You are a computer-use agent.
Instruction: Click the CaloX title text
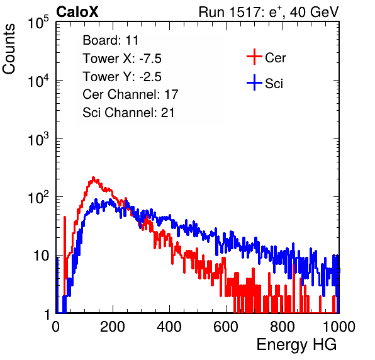pos(77,12)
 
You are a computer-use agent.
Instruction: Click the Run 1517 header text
pos(269,12)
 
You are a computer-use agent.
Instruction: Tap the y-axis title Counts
pos(9,49)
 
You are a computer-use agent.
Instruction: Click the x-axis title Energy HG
pos(296,344)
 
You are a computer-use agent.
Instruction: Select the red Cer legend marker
pos(254,57)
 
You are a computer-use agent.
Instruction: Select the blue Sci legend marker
pos(254,82)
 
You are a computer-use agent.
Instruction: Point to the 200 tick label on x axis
pos(113,326)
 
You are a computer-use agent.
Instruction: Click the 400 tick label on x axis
pos(169,326)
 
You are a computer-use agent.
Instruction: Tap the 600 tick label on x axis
pos(226,326)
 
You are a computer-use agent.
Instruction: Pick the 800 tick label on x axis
pos(283,326)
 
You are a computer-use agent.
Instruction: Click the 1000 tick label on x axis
pos(339,326)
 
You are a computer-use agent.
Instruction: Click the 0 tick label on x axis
pos(56,326)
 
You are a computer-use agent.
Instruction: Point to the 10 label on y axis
pos(42,256)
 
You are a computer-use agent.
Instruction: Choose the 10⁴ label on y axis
pos(39,81)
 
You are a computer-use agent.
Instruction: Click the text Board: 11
pos(111,40)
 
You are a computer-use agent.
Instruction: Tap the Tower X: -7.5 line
pos(122,59)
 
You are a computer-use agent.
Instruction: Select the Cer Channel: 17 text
pos(130,94)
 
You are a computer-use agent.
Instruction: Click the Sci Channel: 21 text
pos(128,113)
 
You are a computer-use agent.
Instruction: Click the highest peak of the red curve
pos(94,177)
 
